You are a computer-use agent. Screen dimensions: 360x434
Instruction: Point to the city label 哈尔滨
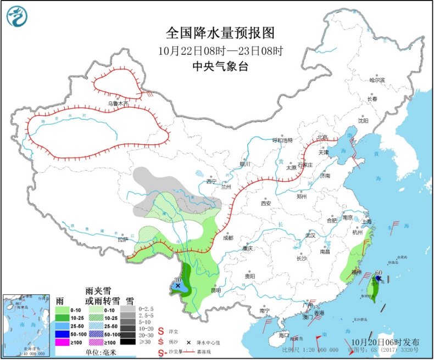click(377, 80)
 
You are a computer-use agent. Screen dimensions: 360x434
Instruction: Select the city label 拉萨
click(122, 239)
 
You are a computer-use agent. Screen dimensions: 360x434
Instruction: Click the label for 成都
click(227, 238)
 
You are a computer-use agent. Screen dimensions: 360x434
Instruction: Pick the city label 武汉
click(310, 235)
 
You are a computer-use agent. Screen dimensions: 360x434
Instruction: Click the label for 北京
click(321, 137)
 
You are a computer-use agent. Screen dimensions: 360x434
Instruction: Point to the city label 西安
click(266, 203)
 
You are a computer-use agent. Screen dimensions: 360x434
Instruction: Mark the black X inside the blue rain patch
click(177, 286)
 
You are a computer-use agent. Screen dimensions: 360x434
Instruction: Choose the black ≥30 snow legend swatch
click(127, 342)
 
